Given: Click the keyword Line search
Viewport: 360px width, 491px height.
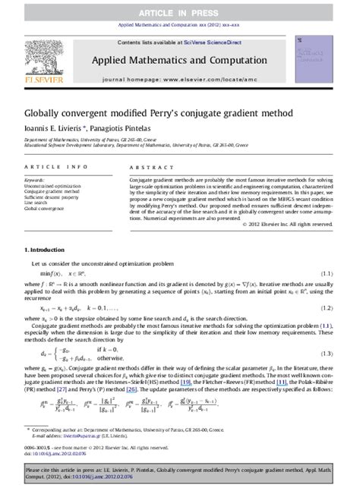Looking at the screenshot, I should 36,203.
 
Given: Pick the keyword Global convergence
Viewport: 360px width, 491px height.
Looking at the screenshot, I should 44,209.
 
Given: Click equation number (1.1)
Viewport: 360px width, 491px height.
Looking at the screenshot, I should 326,272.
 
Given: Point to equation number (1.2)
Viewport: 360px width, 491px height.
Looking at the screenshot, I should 326,309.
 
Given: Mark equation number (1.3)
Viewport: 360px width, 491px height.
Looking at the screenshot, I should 326,354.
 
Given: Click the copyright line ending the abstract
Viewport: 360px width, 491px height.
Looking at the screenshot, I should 286,224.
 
